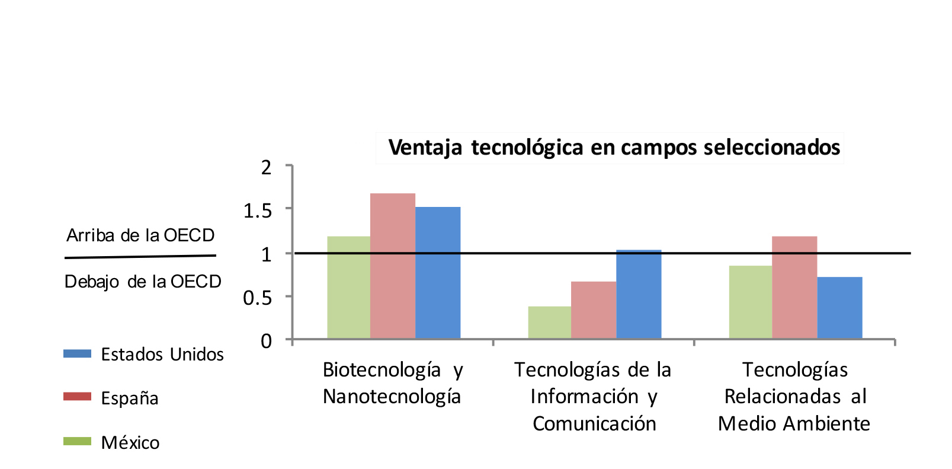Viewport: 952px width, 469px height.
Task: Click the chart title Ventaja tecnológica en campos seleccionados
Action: tap(614, 148)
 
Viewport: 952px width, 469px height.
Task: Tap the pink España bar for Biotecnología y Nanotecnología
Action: tap(393, 266)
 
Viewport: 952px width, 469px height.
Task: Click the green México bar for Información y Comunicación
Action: tap(550, 323)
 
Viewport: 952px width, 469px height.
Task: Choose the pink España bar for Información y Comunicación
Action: tap(594, 310)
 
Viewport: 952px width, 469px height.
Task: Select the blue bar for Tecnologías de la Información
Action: tap(639, 295)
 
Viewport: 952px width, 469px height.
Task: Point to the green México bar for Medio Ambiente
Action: tap(751, 302)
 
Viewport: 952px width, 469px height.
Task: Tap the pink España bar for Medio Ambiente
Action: tap(794, 288)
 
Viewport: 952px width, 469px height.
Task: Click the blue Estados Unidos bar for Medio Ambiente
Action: tap(839, 308)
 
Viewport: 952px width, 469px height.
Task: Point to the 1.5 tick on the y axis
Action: tap(257, 210)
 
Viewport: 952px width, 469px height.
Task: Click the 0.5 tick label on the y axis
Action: tap(257, 298)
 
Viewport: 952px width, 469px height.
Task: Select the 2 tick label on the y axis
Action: tap(266, 168)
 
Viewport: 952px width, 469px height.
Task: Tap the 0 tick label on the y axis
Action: tap(266, 342)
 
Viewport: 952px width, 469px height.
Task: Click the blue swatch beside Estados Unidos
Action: tap(77, 353)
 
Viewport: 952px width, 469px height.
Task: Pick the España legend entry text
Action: tap(130, 398)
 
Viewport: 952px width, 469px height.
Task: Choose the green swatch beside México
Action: tap(77, 441)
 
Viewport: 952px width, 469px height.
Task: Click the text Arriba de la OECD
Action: tap(140, 235)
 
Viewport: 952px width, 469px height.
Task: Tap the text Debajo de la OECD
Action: tap(143, 282)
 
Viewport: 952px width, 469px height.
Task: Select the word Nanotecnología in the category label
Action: tap(392, 396)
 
